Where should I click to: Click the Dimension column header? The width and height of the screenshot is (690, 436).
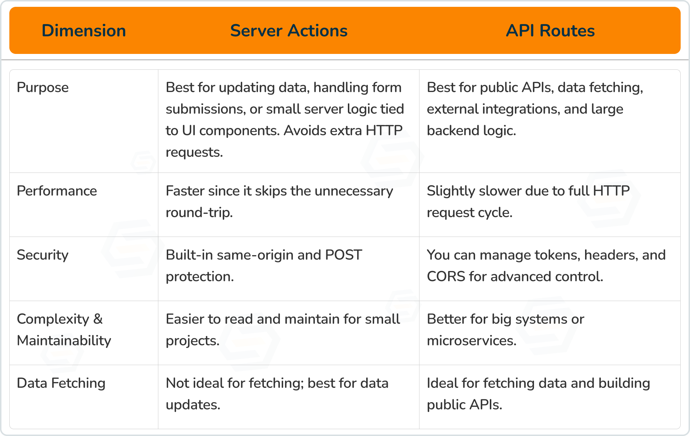[x=84, y=31]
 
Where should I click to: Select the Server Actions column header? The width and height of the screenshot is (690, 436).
[x=289, y=31]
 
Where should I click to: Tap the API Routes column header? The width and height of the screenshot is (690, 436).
[x=550, y=31]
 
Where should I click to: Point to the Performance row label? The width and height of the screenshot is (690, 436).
[x=57, y=191]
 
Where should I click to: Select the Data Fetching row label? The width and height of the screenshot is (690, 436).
[x=61, y=384]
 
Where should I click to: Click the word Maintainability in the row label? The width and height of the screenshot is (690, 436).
[x=64, y=341]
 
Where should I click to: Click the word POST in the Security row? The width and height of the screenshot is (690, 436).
[x=344, y=255]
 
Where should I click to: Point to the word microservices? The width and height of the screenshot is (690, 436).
[x=471, y=341]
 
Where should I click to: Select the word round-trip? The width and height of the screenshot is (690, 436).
[x=199, y=213]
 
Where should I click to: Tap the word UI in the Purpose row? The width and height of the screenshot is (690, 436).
[x=189, y=131]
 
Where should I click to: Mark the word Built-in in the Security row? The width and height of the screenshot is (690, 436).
[x=189, y=255]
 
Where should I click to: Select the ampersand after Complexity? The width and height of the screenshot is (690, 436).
[x=98, y=319]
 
